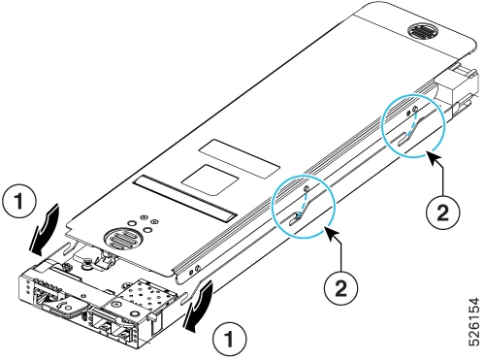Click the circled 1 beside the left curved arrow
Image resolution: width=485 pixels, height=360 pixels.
coord(19,202)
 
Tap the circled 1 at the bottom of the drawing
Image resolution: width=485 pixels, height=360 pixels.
coord(229,340)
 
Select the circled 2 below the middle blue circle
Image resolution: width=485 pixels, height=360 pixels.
coord(340,287)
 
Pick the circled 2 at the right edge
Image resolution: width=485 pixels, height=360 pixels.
coord(442,213)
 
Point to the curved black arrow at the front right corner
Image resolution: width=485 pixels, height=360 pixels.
coord(198,306)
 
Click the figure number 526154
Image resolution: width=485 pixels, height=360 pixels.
coord(474,322)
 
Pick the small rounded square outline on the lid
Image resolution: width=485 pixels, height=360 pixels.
coord(210,180)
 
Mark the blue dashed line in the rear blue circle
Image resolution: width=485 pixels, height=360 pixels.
coord(412,123)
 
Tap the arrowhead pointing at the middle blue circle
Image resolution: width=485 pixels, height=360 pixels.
coord(333,233)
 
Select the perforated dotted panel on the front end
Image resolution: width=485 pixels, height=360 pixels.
coord(142,294)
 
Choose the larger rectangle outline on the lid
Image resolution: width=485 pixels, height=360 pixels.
coord(240,159)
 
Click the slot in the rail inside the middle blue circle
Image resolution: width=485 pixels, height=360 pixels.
coord(295,219)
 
